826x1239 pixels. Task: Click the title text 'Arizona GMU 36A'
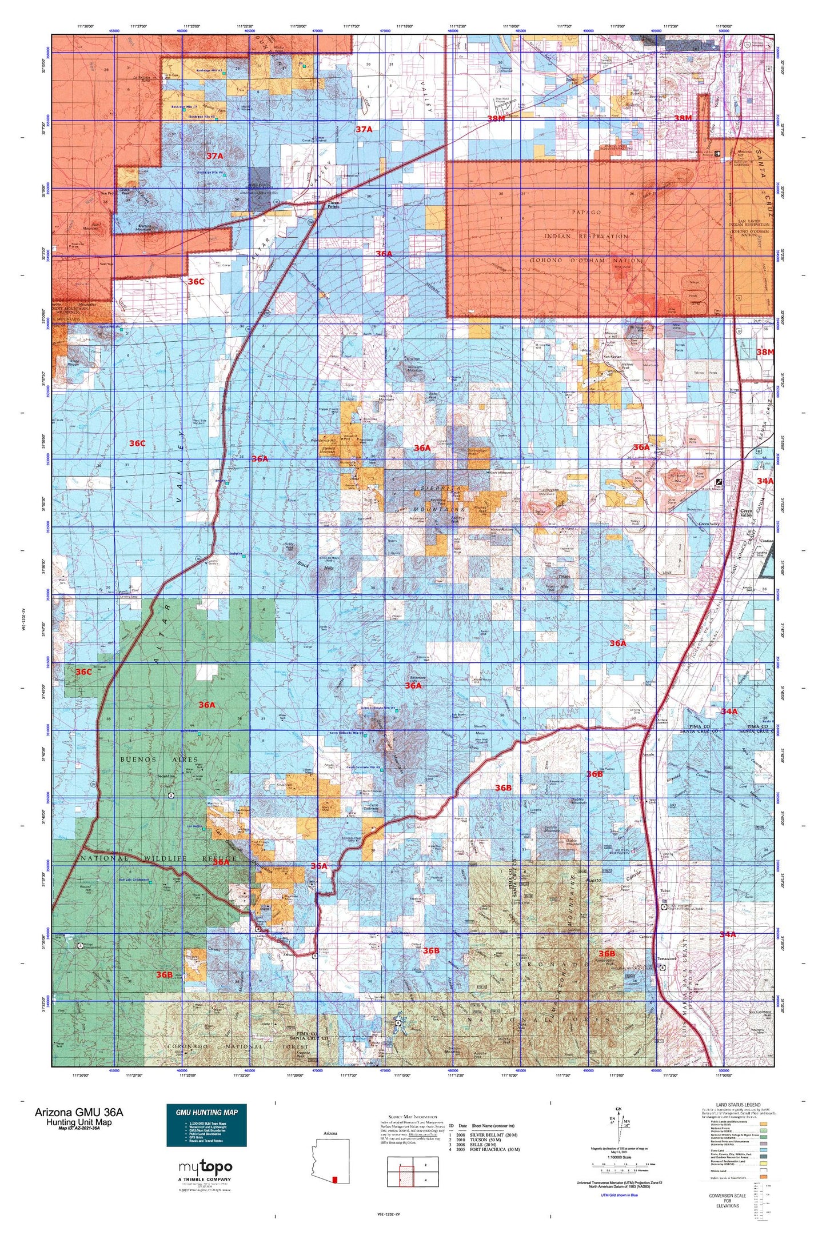point(78,1112)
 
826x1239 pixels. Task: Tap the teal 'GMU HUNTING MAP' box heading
point(206,1112)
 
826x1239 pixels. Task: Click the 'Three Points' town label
point(333,205)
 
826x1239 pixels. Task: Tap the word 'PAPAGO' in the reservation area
point(585,212)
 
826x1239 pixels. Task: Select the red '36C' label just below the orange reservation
point(196,282)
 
